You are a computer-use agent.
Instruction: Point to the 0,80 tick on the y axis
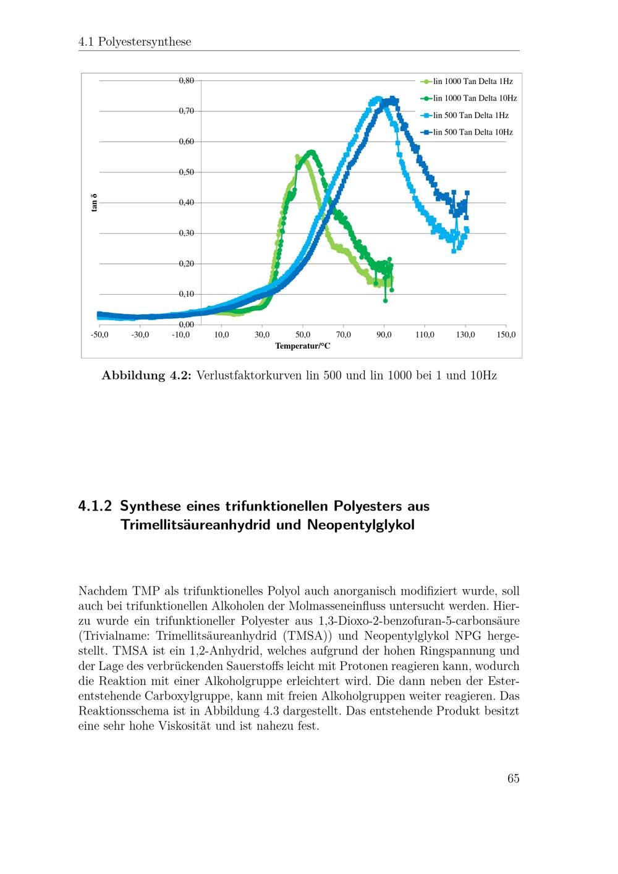click(x=187, y=80)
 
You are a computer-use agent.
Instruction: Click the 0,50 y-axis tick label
click(x=187, y=172)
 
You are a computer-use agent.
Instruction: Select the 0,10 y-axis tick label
click(x=187, y=294)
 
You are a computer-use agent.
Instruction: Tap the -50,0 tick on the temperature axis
click(x=99, y=335)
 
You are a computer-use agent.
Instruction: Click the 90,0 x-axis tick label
click(x=384, y=335)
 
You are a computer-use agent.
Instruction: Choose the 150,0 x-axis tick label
click(x=506, y=335)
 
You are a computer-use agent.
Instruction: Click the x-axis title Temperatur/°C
click(x=303, y=346)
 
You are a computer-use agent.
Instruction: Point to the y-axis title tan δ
click(x=95, y=203)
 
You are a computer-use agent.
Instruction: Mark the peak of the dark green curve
click(x=311, y=152)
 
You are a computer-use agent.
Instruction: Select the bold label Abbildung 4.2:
click(x=147, y=376)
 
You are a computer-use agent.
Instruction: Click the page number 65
click(x=513, y=779)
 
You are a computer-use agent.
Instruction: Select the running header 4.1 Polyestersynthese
click(x=135, y=42)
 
